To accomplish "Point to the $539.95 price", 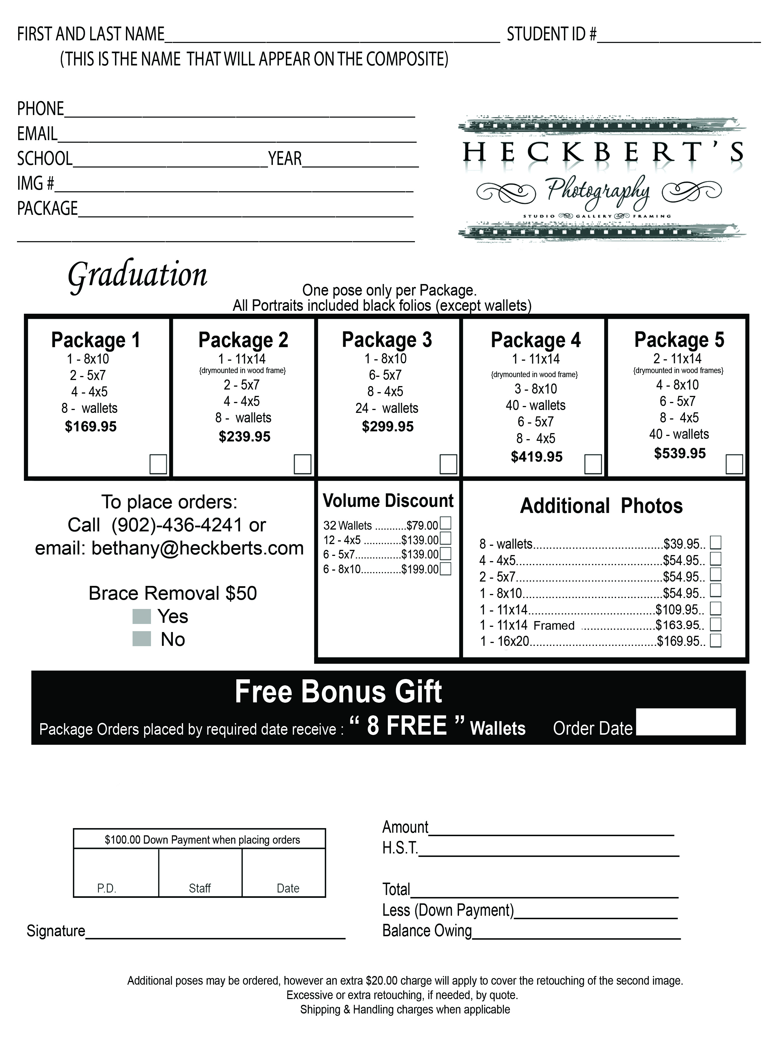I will pyautogui.click(x=679, y=453).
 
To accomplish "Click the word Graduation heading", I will pyautogui.click(x=137, y=275).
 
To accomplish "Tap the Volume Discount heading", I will pyautogui.click(x=388, y=501).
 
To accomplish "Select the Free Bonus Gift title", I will pyautogui.click(x=338, y=692).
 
